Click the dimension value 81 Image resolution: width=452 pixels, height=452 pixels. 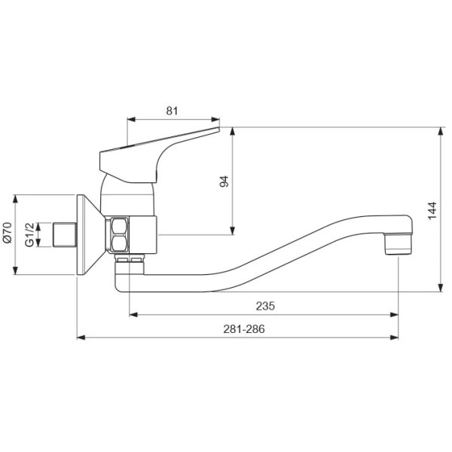click(x=172, y=111)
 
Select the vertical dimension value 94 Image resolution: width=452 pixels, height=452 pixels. click(x=224, y=181)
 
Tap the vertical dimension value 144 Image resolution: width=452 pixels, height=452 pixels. click(x=432, y=210)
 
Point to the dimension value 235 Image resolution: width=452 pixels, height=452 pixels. click(x=264, y=305)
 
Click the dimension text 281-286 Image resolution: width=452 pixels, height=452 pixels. click(x=244, y=328)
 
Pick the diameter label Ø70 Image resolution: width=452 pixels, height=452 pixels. click(x=7, y=234)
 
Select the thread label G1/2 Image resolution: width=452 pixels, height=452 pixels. click(x=29, y=234)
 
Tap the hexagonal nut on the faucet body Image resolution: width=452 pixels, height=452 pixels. click(x=118, y=234)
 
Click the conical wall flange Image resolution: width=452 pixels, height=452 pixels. click(x=87, y=234)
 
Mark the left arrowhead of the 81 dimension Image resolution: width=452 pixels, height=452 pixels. click(x=130, y=119)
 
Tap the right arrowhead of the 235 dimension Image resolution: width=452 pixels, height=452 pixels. click(x=396, y=313)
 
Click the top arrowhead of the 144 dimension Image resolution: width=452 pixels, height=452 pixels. click(x=441, y=130)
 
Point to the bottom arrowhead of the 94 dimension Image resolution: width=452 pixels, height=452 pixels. click(x=233, y=231)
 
